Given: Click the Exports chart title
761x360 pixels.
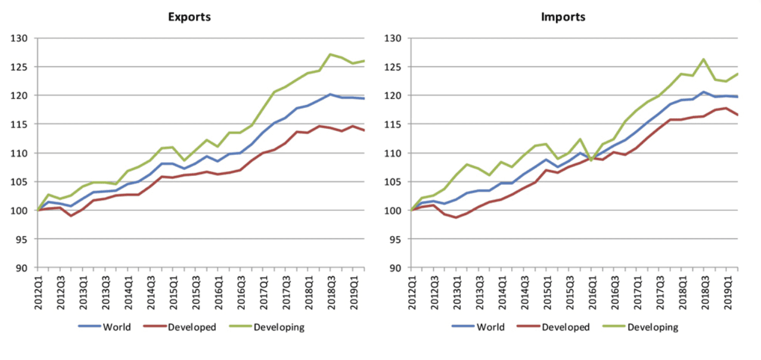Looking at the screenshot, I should tap(189, 17).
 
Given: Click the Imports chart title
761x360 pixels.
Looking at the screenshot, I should tap(563, 17).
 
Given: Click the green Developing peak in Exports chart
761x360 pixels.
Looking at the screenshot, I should tap(330, 54).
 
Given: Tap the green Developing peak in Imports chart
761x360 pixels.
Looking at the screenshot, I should tap(704, 59).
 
